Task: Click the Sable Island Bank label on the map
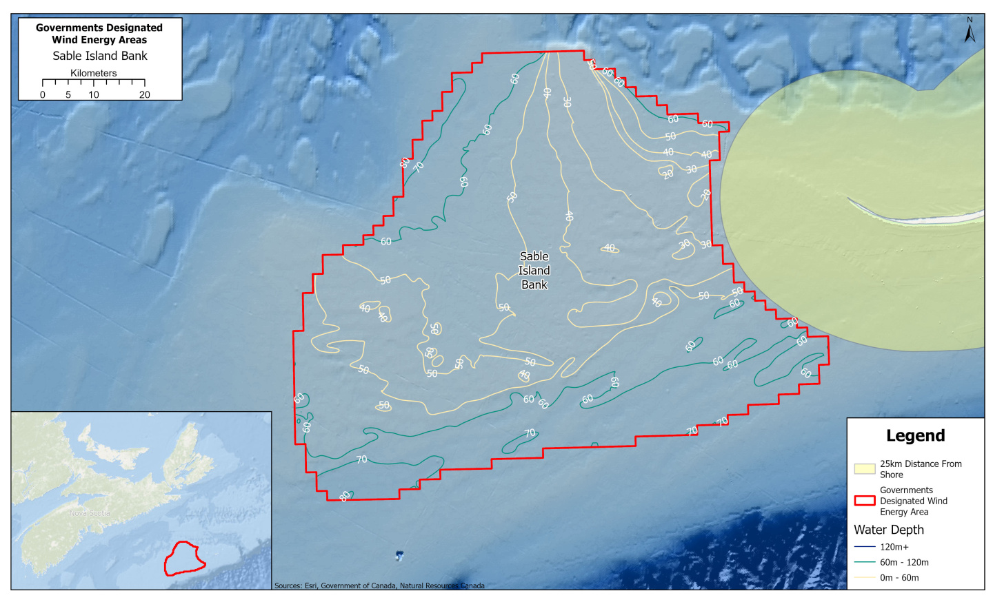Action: pos(534,271)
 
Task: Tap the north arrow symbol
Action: pos(970,31)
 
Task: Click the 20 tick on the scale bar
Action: pos(144,94)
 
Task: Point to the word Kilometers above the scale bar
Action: pos(94,73)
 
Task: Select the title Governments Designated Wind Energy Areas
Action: pos(99,34)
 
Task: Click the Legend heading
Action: pos(915,436)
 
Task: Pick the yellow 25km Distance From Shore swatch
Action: pos(865,469)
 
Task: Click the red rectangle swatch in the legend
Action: pos(865,501)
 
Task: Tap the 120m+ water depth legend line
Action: pos(865,547)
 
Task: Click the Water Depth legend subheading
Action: pos(889,530)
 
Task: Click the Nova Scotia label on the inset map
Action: pos(90,513)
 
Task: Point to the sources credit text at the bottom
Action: pos(379,585)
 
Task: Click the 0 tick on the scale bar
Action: pos(43,94)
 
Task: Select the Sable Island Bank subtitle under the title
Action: pos(100,56)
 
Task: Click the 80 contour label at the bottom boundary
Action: pos(345,497)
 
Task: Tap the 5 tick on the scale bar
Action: pos(68,94)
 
